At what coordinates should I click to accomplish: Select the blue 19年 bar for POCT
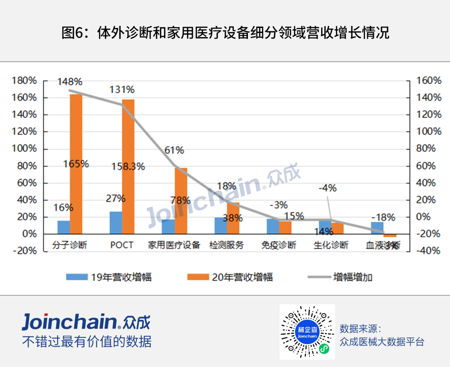coord(116,223)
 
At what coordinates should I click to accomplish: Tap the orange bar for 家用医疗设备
coord(181,201)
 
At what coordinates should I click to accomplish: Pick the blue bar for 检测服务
coord(221,225)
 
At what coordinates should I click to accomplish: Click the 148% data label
coord(70,81)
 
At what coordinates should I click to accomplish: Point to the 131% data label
coord(122,90)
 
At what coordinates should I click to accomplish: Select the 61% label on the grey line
coord(174,150)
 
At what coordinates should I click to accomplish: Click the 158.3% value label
coord(128,167)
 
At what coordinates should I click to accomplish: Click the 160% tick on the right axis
coord(430,80)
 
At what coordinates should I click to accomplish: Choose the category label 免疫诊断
coord(279,245)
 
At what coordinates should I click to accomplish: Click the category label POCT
coord(122,245)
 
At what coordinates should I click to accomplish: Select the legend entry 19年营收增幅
coord(109,277)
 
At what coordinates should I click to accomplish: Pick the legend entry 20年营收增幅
coord(230,277)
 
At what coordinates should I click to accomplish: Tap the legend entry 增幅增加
coord(340,277)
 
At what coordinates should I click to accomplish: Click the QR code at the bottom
coord(307,331)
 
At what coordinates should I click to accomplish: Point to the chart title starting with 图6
coord(225,33)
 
